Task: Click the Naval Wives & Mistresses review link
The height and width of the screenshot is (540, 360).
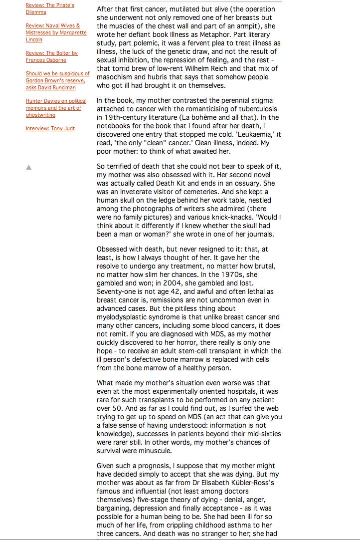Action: tap(56, 32)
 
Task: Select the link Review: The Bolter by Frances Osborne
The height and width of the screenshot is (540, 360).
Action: tap(51, 56)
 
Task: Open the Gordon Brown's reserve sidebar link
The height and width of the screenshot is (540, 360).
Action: tap(58, 80)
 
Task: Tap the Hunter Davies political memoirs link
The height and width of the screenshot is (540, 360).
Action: tap(56, 108)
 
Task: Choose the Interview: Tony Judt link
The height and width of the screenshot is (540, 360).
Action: tap(50, 129)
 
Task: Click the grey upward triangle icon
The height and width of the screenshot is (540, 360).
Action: tap(29, 167)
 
